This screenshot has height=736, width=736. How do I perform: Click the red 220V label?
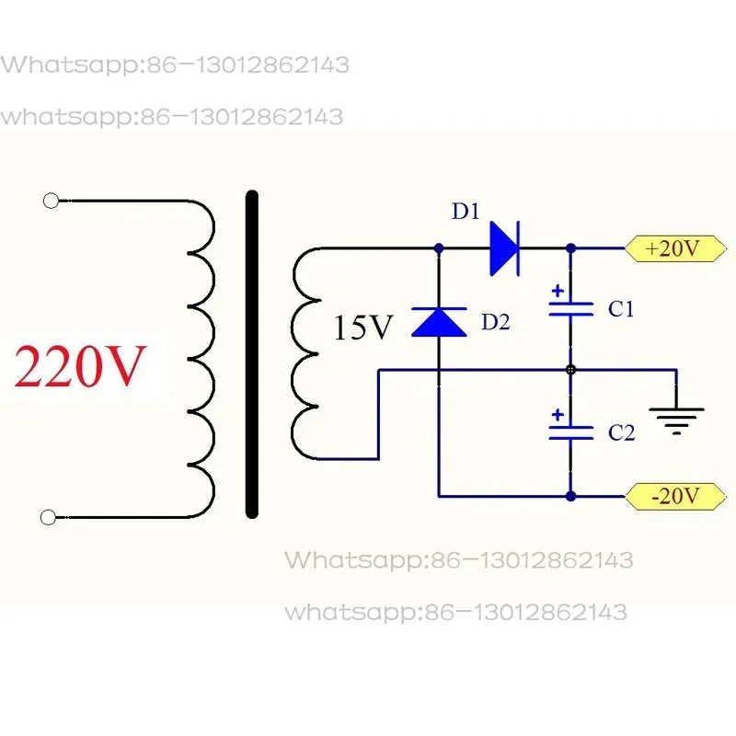tap(80, 366)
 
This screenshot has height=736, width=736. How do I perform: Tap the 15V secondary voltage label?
tap(362, 328)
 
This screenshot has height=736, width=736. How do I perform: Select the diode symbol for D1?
tap(504, 248)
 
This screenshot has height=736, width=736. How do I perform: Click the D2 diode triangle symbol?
tap(439, 322)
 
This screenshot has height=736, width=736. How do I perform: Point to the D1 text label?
tap(466, 212)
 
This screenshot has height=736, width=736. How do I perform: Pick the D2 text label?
tap(496, 322)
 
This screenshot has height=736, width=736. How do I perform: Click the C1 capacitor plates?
tap(570, 309)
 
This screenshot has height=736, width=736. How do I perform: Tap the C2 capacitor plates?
tap(570, 432)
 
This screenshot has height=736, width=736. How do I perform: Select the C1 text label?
tap(621, 309)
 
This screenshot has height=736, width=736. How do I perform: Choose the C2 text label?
tap(622, 432)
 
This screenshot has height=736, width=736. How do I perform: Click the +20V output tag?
tap(675, 248)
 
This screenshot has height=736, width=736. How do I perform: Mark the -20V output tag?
tap(675, 496)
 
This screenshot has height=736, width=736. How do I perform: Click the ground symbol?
tap(676, 421)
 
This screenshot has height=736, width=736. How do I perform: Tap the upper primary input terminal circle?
tap(51, 201)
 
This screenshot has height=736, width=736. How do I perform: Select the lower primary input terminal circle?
tap(48, 518)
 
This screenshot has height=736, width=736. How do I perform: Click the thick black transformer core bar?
tap(252, 354)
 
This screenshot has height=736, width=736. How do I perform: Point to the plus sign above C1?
tap(558, 291)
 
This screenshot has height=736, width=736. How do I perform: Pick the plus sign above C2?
tap(558, 415)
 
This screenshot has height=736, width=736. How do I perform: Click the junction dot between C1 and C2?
tap(570, 370)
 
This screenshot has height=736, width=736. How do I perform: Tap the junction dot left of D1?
tap(439, 248)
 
